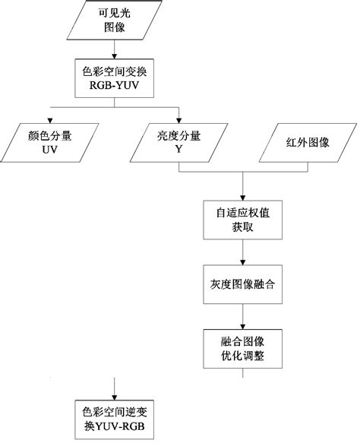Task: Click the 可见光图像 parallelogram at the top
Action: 113,22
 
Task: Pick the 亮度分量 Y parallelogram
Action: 178,143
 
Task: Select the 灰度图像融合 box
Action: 242,286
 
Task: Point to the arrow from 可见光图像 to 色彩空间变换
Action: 113,49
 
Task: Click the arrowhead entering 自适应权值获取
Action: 242,195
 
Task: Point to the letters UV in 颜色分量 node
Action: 51,150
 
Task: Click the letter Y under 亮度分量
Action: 178,150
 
